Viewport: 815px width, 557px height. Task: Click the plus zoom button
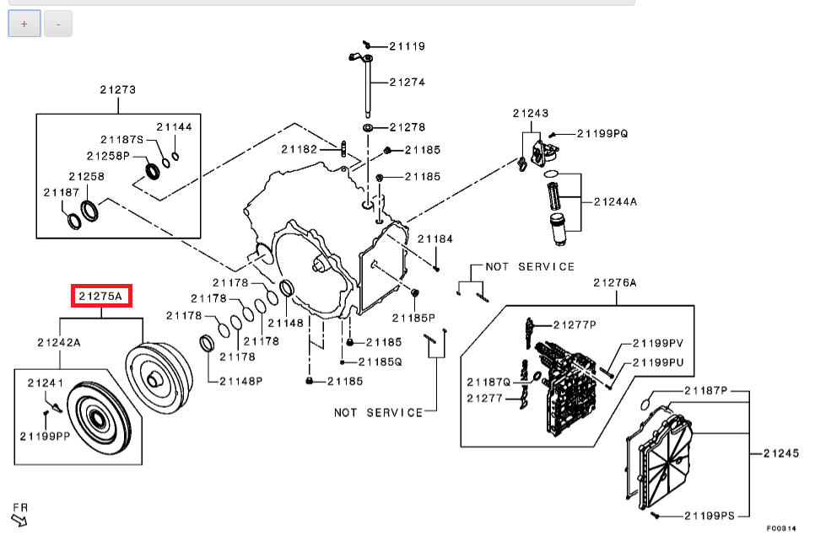(24, 24)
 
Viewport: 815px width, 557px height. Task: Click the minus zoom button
(58, 24)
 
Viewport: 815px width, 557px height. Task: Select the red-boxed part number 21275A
(101, 296)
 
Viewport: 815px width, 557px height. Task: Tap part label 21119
(407, 46)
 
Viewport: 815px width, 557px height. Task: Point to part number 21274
(407, 82)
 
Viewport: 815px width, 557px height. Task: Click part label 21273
(118, 90)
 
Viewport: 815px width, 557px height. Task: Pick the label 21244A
(615, 201)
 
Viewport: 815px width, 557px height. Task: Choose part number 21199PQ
(603, 133)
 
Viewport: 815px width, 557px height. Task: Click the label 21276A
(615, 282)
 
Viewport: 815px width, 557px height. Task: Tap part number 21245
(781, 453)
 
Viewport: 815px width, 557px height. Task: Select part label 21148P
(241, 381)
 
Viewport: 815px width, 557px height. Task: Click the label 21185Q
(381, 362)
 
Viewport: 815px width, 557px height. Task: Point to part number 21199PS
(710, 516)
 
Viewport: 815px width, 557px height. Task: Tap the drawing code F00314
(781, 528)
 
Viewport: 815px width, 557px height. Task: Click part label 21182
(300, 149)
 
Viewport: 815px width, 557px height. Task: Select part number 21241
(46, 383)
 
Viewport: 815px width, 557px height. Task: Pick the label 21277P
(575, 325)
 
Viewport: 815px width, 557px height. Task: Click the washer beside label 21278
(368, 128)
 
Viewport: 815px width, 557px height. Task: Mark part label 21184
(435, 238)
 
